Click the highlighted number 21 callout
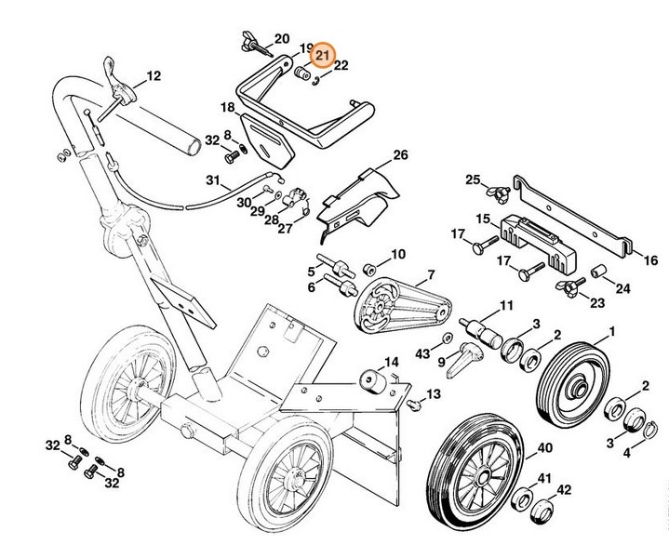pyautogui.click(x=321, y=55)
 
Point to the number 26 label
pyautogui.click(x=400, y=154)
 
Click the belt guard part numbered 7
pyautogui.click(x=391, y=302)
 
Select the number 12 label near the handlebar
pyautogui.click(x=154, y=76)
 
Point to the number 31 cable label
pyautogui.click(x=212, y=179)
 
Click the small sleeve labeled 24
pyautogui.click(x=596, y=274)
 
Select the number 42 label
pyautogui.click(x=563, y=492)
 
